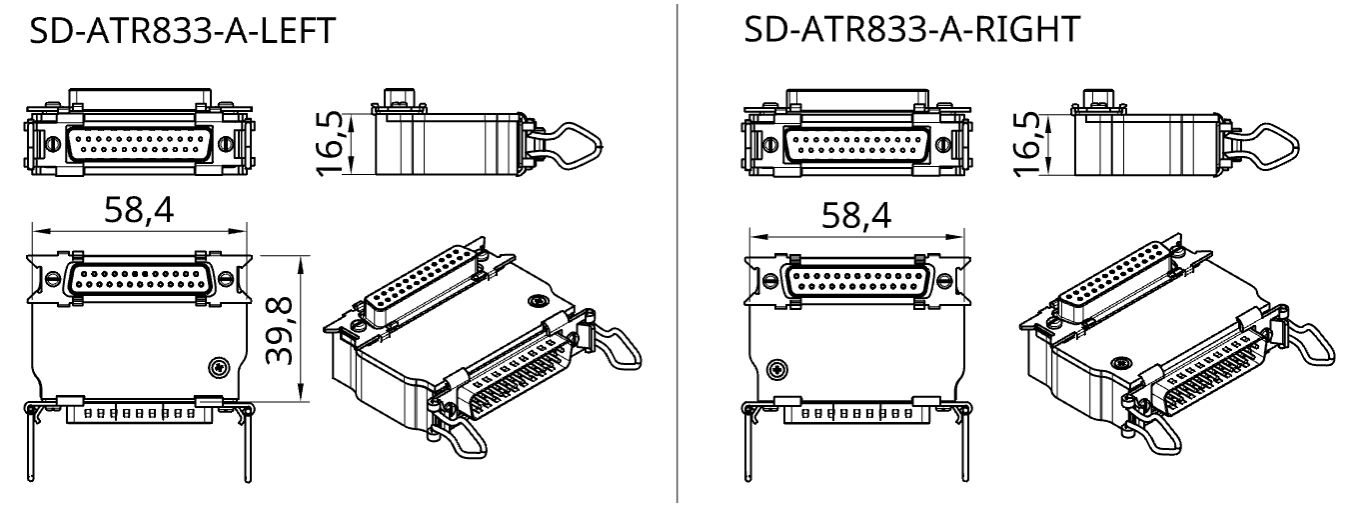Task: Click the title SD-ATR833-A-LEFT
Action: tap(182, 31)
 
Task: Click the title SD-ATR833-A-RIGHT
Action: tap(911, 29)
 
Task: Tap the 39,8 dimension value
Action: tap(280, 331)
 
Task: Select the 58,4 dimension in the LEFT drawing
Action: tap(140, 210)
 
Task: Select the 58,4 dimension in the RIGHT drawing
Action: tap(856, 216)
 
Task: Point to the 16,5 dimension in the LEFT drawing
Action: tap(332, 144)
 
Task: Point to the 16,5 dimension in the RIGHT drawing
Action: tap(1029, 144)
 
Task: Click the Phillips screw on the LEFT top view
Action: tap(220, 367)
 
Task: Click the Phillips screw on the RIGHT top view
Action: tap(778, 369)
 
